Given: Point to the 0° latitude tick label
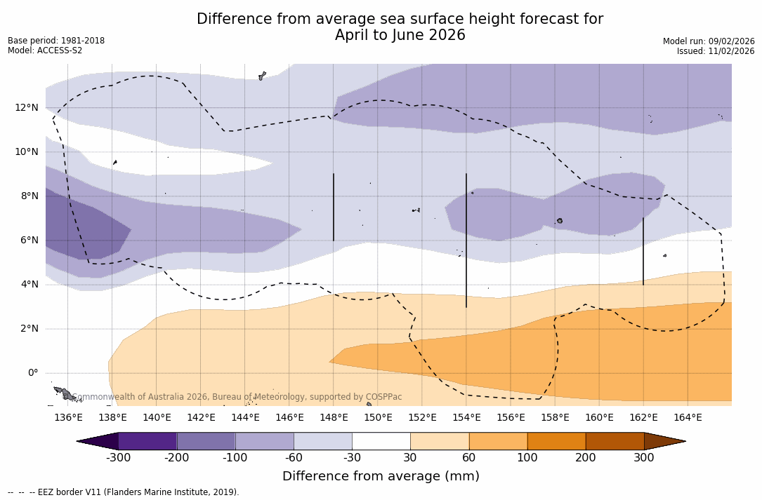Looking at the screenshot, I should point(32,372).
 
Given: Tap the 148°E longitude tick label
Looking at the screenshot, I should point(334,418).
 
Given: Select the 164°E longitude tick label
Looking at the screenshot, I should point(688,418).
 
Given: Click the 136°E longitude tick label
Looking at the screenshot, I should point(68,418).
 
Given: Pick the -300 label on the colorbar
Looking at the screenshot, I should point(119,458).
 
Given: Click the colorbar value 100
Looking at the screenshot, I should point(527,458).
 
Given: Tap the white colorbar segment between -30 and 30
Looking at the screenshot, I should point(381,441).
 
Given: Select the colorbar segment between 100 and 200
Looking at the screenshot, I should point(556,441).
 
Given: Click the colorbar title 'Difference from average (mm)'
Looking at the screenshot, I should point(381,477).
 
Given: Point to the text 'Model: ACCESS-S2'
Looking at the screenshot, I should point(45,50).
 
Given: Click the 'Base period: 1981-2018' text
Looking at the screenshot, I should point(56,41).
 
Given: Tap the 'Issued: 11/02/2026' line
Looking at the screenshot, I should point(716,51).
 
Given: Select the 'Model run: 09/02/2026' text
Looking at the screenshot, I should point(709,41).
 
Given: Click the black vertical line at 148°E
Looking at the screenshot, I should point(334,207).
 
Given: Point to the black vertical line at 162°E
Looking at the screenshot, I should point(643,251).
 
